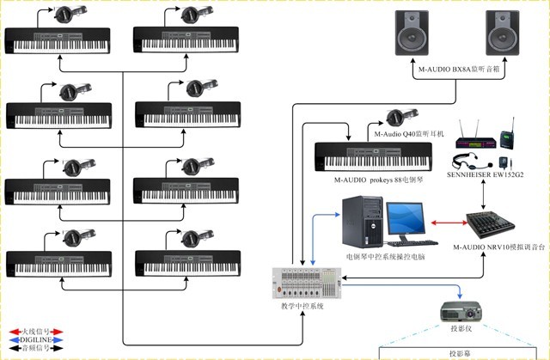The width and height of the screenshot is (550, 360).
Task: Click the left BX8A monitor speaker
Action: coord(412,33)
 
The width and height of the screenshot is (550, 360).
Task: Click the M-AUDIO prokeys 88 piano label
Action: coord(369,180)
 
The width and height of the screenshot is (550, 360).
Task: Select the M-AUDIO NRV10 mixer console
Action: coord(490,227)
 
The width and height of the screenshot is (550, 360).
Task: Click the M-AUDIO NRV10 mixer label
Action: coord(492,248)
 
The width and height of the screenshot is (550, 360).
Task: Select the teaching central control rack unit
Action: coord(307,283)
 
